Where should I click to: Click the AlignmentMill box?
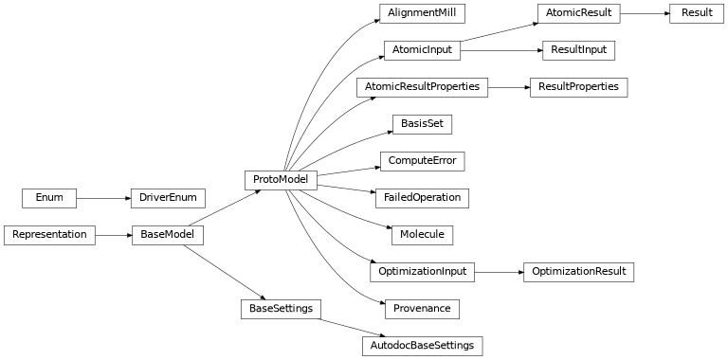[422, 13]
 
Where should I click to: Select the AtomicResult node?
[578, 13]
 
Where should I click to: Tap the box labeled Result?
[697, 13]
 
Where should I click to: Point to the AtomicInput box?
[422, 49]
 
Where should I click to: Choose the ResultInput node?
[578, 49]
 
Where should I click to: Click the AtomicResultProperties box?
[422, 86]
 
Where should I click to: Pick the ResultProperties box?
[578, 86]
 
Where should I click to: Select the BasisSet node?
[422, 123]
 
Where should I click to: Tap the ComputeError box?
[422, 160]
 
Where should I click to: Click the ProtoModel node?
[281, 179]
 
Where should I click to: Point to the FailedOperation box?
[422, 197]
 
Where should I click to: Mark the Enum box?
[49, 197]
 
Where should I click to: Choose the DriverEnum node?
[168, 197]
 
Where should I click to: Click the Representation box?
[49, 234]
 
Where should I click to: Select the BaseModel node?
[168, 234]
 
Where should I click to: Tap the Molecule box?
[422, 234]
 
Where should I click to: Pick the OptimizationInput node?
[422, 271]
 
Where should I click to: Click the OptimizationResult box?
[578, 271]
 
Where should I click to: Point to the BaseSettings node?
[281, 308]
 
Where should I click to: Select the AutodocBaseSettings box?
[422, 345]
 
